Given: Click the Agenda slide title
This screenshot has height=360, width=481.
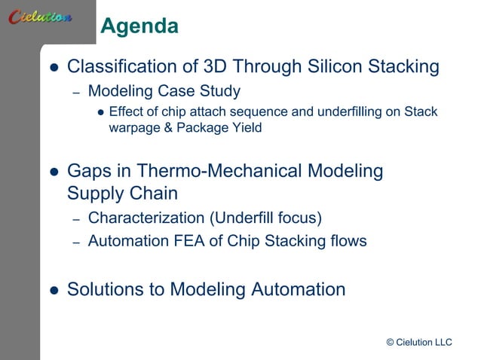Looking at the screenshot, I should click(139, 27).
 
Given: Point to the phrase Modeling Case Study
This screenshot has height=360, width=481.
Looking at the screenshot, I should click(164, 92).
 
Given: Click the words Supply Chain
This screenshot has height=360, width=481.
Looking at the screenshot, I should click(122, 194).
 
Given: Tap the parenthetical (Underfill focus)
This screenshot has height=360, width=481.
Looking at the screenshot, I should click(265, 218).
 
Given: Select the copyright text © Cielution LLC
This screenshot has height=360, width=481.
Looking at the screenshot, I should click(418, 343).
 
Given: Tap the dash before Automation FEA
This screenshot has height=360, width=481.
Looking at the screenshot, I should click(76, 243).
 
